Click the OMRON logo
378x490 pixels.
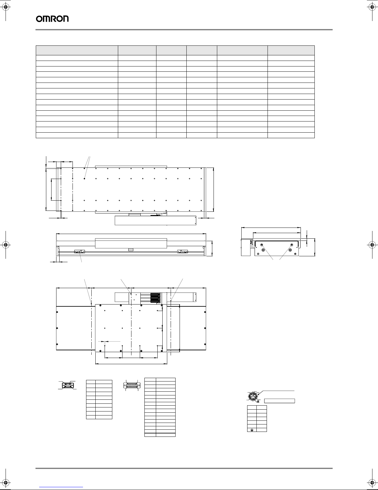click(x=52, y=19)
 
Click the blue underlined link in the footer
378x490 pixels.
click(x=61, y=487)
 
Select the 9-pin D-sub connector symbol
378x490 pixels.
click(x=68, y=386)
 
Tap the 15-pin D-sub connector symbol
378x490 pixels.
click(x=132, y=386)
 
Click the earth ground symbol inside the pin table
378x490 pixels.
click(x=252, y=430)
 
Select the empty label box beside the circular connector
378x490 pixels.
click(x=280, y=401)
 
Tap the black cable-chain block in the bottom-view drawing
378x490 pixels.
click(x=155, y=298)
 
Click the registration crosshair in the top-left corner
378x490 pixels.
click(x=6, y=7)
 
